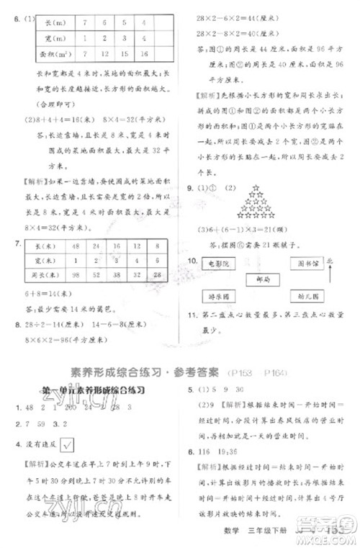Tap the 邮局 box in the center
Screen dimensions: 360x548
[x=262, y=279]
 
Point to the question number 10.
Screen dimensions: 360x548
[x=193, y=259]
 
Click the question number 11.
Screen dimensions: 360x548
[x=193, y=315]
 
